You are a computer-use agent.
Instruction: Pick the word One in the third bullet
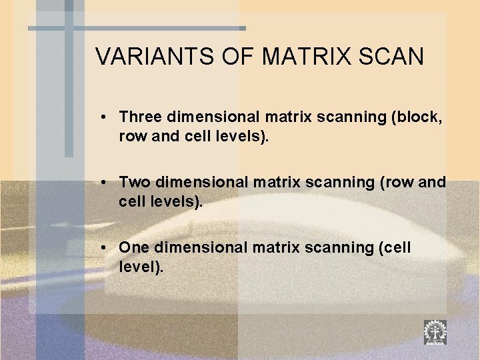click(134, 247)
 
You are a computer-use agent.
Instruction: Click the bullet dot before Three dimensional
click(106, 117)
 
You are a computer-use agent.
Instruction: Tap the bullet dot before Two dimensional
click(106, 182)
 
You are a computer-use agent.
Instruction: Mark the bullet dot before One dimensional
click(106, 248)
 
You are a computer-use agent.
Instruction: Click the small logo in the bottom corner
click(435, 331)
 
